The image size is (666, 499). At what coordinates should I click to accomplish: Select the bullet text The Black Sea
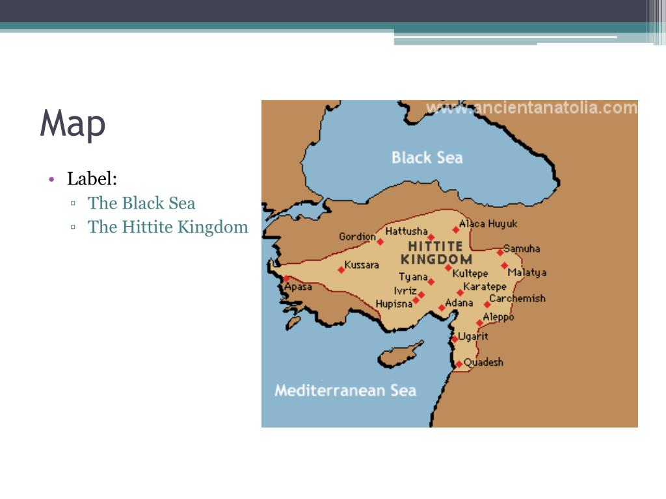[142, 203]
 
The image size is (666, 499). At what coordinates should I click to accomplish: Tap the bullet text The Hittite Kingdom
[168, 227]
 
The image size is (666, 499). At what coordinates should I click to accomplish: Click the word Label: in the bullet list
[92, 178]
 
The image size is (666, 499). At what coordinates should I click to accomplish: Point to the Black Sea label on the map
[427, 157]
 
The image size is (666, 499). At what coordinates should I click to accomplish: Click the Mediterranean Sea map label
[345, 390]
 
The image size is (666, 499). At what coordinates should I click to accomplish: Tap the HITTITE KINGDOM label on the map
[436, 252]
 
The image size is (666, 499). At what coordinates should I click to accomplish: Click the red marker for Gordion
[380, 242]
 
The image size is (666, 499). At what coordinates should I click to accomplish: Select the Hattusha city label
[406, 231]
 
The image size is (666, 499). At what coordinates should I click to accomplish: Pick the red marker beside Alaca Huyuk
[456, 229]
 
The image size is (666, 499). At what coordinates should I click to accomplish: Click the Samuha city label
[522, 248]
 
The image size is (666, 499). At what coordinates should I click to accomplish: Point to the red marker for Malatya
[505, 265]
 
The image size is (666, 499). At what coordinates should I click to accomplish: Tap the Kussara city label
[362, 265]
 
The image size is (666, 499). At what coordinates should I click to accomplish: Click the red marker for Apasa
[286, 278]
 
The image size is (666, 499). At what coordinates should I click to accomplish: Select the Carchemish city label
[517, 299]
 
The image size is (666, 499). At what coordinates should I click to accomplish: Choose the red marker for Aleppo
[480, 323]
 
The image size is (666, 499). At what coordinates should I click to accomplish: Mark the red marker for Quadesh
[459, 364]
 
